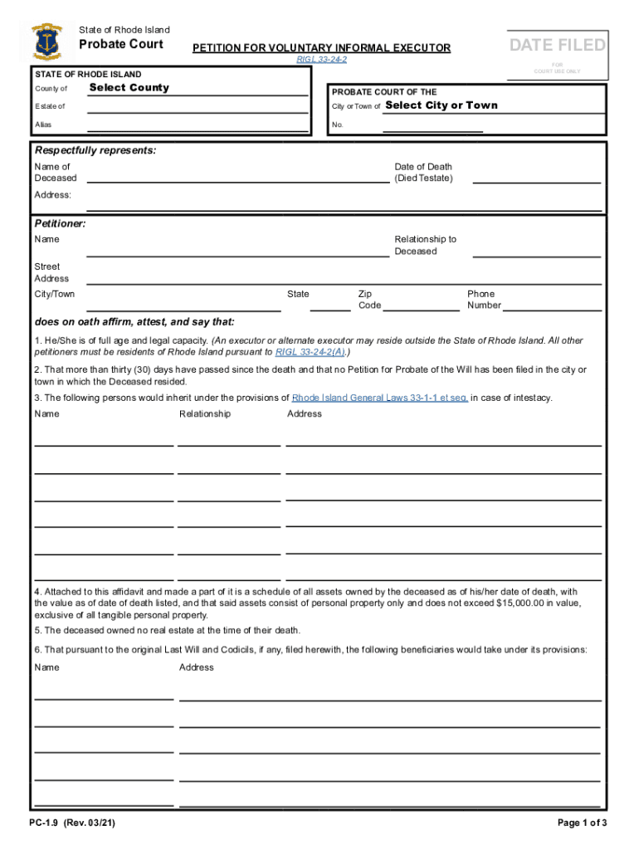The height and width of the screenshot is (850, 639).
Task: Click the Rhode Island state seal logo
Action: click(46, 39)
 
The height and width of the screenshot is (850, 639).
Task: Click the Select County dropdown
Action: click(129, 88)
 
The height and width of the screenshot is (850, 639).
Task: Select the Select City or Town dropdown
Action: click(441, 105)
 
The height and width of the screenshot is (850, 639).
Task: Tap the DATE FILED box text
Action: click(558, 45)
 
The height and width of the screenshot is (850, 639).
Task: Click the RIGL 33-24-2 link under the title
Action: click(321, 60)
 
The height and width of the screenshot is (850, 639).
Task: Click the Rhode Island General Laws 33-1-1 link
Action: click(380, 398)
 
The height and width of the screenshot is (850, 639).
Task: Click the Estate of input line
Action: click(197, 107)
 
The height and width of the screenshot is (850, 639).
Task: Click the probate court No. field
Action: click(432, 126)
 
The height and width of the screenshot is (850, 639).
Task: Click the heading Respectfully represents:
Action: click(95, 150)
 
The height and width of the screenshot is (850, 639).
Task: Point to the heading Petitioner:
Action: click(60, 224)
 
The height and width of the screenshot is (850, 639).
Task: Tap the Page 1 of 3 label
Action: click(584, 823)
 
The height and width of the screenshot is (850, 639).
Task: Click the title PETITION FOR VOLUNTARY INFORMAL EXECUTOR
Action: click(321, 48)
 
